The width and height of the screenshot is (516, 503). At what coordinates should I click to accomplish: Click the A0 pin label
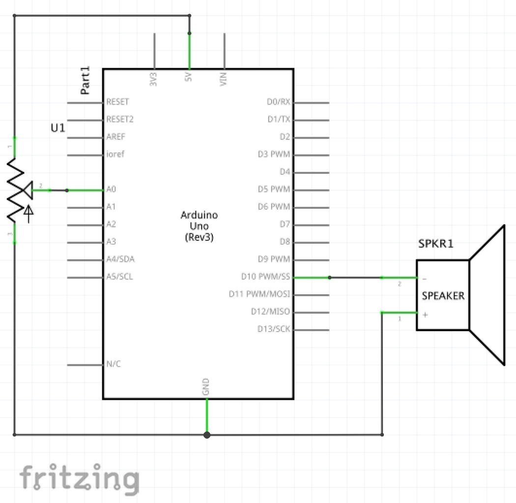(111, 189)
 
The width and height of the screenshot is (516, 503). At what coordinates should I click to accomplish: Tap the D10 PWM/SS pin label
(265, 277)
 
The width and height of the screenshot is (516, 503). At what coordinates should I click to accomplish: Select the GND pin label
(206, 387)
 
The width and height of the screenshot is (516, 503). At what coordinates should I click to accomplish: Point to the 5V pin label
(188, 77)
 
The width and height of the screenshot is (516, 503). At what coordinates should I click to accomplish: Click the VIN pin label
(224, 79)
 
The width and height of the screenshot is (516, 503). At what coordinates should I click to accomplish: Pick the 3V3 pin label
(153, 79)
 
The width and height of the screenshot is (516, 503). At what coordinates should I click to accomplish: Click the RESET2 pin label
(120, 119)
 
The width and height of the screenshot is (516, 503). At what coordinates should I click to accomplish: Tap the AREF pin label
(115, 137)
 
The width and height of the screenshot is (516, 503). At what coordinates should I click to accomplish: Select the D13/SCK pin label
(274, 329)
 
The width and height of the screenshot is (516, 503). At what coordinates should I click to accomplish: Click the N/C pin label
(114, 364)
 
